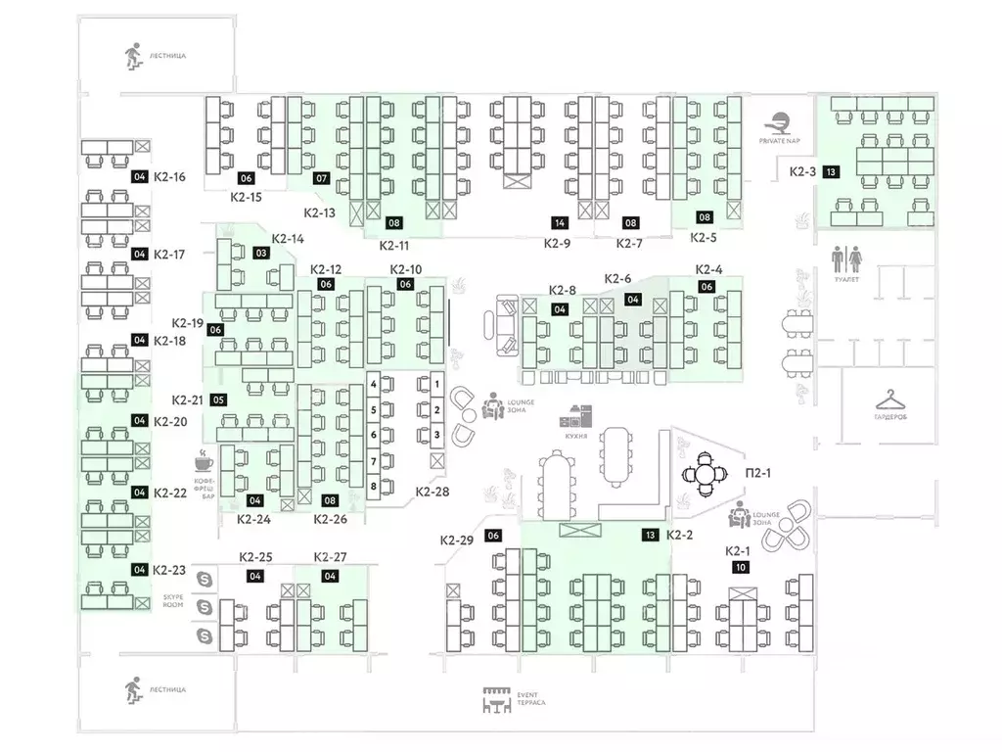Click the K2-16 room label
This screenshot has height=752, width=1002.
pyautogui.click(x=169, y=177)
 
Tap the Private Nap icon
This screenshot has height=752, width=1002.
pyautogui.click(x=780, y=123)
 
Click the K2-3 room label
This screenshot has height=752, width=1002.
pyautogui.click(x=802, y=171)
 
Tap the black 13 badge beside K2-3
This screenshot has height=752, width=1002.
pyautogui.click(x=830, y=171)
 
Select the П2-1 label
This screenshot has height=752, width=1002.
pyautogui.click(x=759, y=474)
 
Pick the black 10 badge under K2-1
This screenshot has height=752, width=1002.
pyautogui.click(x=741, y=566)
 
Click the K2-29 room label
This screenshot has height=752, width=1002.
pyautogui.click(x=457, y=540)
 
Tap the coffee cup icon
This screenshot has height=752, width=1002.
pyautogui.click(x=205, y=460)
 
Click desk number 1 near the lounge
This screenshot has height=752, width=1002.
pyautogui.click(x=437, y=382)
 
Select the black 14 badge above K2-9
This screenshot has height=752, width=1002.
pyautogui.click(x=560, y=222)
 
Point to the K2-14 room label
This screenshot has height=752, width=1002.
pyautogui.click(x=288, y=238)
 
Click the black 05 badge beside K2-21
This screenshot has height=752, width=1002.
pyautogui.click(x=219, y=399)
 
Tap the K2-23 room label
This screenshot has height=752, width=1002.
pyautogui.click(x=169, y=569)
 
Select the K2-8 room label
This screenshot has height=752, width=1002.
pyautogui.click(x=562, y=290)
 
